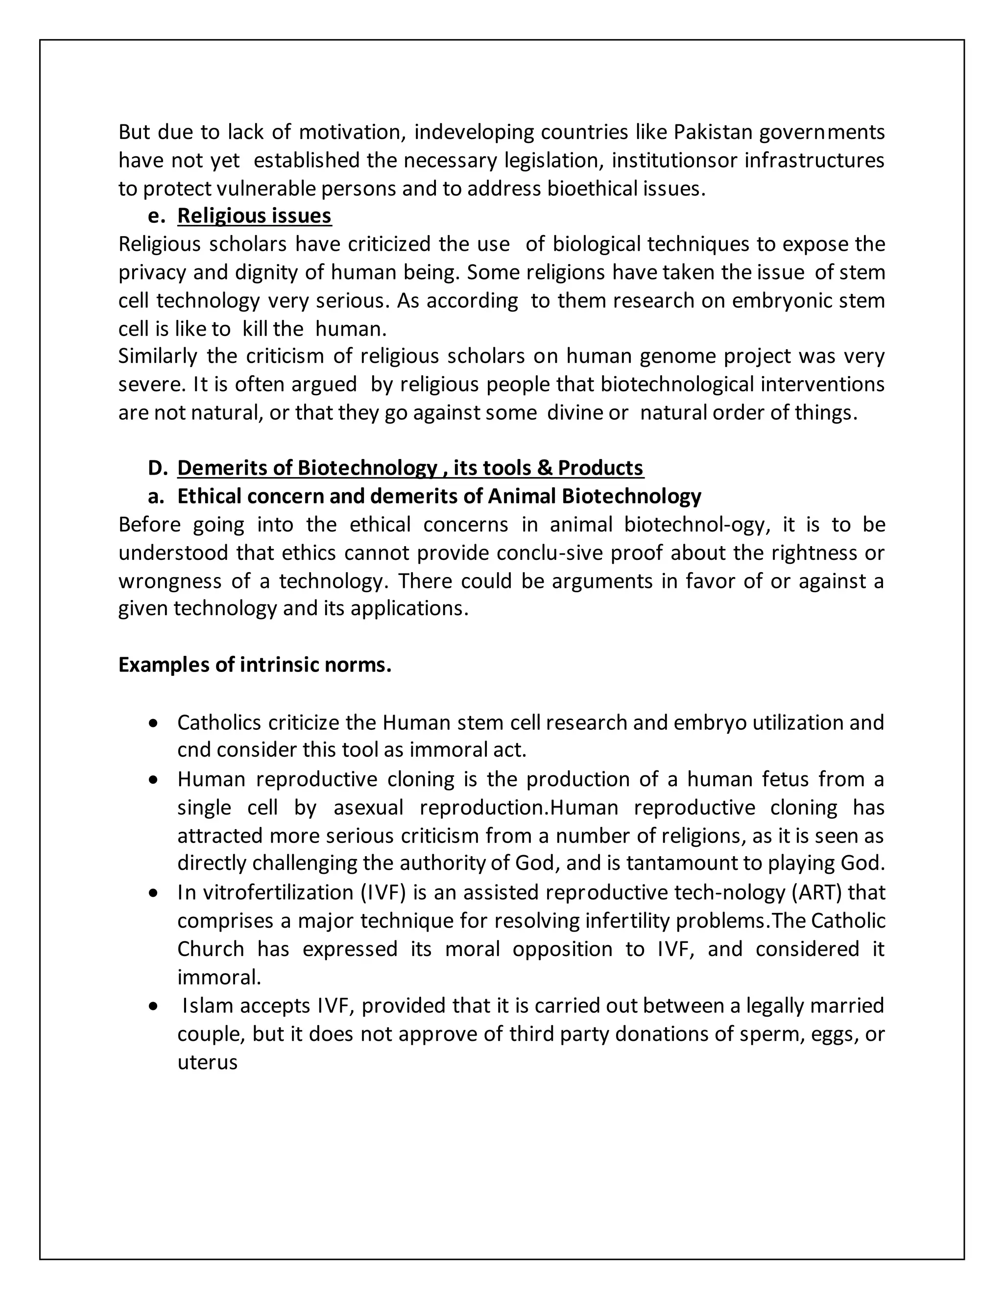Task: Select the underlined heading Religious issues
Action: click(254, 216)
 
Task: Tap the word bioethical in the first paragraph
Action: click(593, 189)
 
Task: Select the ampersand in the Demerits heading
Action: click(544, 468)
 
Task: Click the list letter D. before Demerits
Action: click(158, 468)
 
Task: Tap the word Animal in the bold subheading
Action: click(522, 496)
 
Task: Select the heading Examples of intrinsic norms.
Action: click(255, 665)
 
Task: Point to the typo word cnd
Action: click(194, 750)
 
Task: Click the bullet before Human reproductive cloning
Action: click(154, 780)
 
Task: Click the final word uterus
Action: click(207, 1062)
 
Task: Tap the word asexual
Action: click(368, 808)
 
